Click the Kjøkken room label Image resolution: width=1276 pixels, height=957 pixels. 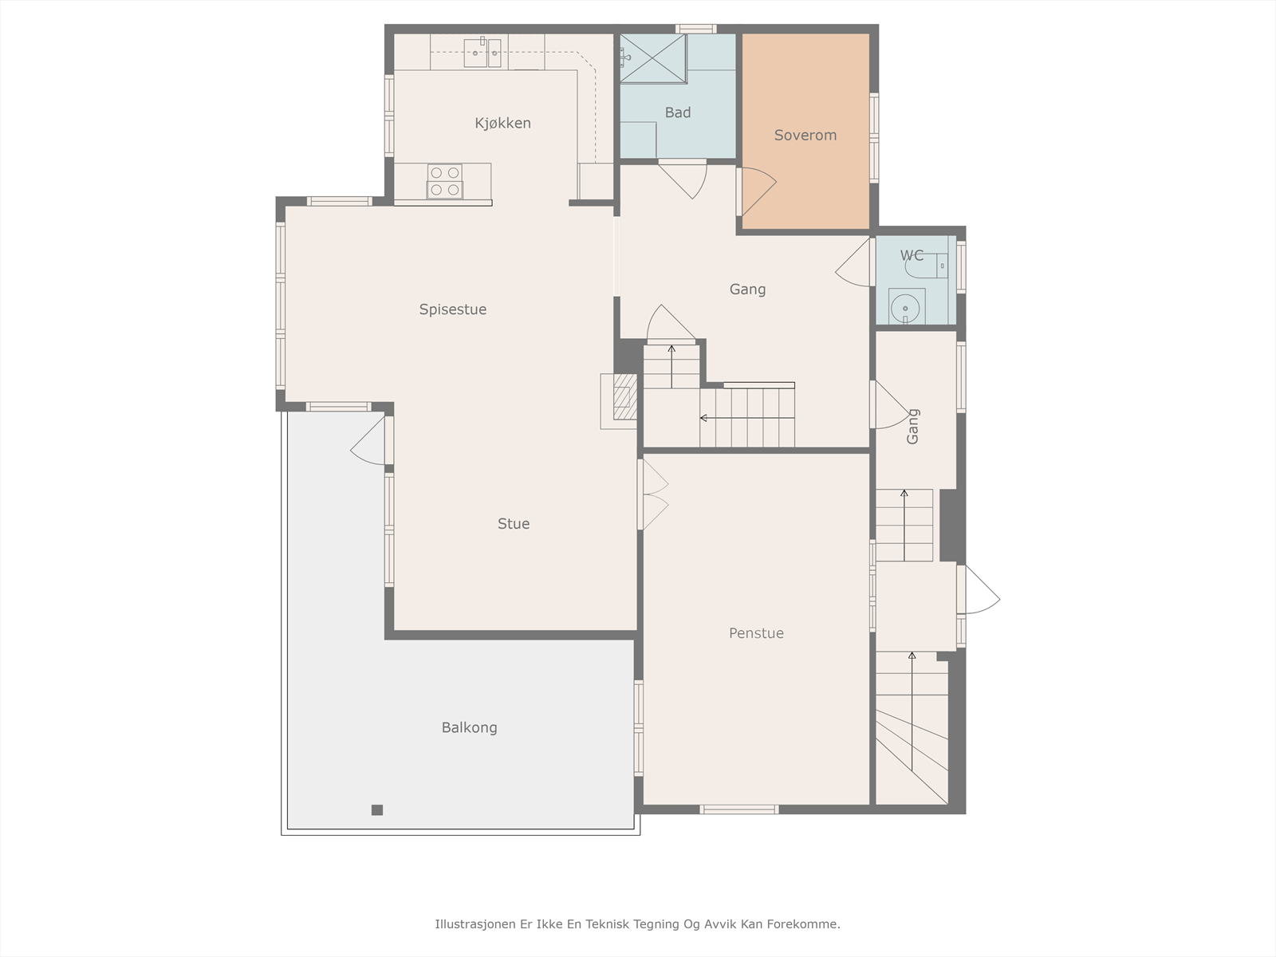point(503,123)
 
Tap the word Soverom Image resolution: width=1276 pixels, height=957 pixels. point(805,136)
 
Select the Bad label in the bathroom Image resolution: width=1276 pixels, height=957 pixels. point(678,112)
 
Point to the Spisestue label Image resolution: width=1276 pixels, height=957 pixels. point(453,309)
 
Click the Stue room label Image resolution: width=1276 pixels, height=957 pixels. point(514,524)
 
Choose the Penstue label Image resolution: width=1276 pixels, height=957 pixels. point(756,633)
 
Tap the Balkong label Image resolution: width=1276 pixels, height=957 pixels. point(469,728)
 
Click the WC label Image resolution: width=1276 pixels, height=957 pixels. point(912,255)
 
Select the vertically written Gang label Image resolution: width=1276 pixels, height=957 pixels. point(912,427)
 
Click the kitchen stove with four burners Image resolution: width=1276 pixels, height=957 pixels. point(445,181)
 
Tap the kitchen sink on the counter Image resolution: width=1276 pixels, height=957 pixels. point(482,53)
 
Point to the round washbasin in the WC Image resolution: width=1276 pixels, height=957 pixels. point(906,307)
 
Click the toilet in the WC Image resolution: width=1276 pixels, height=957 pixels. point(926,266)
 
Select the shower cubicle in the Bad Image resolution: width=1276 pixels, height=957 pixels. point(653,59)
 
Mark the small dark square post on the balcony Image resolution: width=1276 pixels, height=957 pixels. point(377,810)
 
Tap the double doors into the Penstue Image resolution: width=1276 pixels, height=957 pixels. point(653,495)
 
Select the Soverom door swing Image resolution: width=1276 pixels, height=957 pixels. point(757,191)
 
